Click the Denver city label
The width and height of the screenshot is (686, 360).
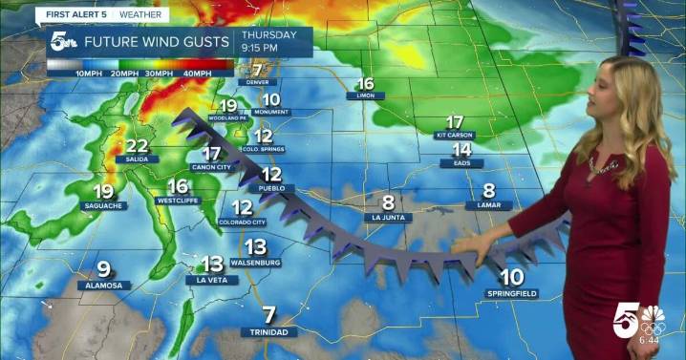pyautogui.click(x=256, y=82)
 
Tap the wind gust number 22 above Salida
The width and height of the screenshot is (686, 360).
pyautogui.click(x=137, y=145)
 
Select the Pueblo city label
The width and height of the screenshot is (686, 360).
pyautogui.click(x=271, y=189)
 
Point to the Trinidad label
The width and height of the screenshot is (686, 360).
pyautogui.click(x=268, y=331)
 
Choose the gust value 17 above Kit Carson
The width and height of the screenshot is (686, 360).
pyautogui.click(x=455, y=121)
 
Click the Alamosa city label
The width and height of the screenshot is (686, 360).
pyautogui.click(x=103, y=286)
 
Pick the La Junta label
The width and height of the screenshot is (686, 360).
pyautogui.click(x=388, y=218)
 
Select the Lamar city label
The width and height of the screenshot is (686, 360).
pyautogui.click(x=488, y=205)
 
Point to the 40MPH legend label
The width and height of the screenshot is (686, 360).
pyautogui.click(x=197, y=74)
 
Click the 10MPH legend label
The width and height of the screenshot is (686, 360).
pyautogui.click(x=90, y=74)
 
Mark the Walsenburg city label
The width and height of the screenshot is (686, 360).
pyautogui.click(x=254, y=262)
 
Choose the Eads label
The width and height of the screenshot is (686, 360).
pyautogui.click(x=461, y=163)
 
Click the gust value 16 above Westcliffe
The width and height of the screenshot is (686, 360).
pyautogui.click(x=178, y=186)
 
